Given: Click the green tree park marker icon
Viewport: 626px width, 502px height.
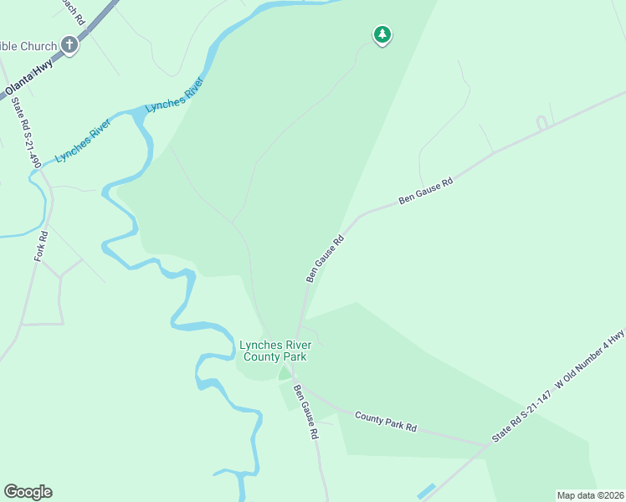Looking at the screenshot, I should (x=382, y=34).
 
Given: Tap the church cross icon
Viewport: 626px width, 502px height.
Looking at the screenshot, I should (x=69, y=46).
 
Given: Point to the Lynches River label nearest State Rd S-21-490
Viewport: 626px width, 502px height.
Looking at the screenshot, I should (x=83, y=141).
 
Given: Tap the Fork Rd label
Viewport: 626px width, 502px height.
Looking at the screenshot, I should (x=42, y=246).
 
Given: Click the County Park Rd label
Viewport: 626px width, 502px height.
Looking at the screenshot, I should (x=385, y=421).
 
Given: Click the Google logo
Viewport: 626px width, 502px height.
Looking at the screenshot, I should (x=28, y=492).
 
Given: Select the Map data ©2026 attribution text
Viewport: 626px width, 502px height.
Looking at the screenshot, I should (x=590, y=495).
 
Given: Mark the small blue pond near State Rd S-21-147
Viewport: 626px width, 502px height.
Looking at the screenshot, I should (x=425, y=491).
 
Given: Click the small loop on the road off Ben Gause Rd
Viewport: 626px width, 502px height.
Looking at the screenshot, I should (x=541, y=123).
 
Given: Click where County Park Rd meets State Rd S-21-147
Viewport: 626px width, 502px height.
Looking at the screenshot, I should (x=488, y=445).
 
